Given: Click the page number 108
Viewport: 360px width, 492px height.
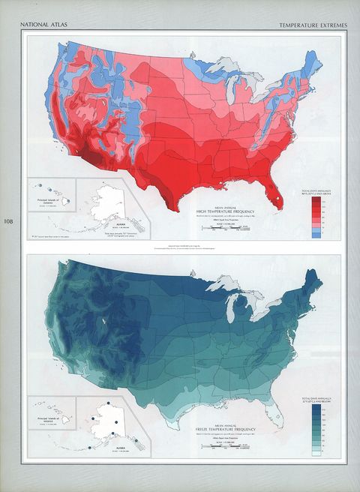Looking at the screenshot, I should point(8,221).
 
